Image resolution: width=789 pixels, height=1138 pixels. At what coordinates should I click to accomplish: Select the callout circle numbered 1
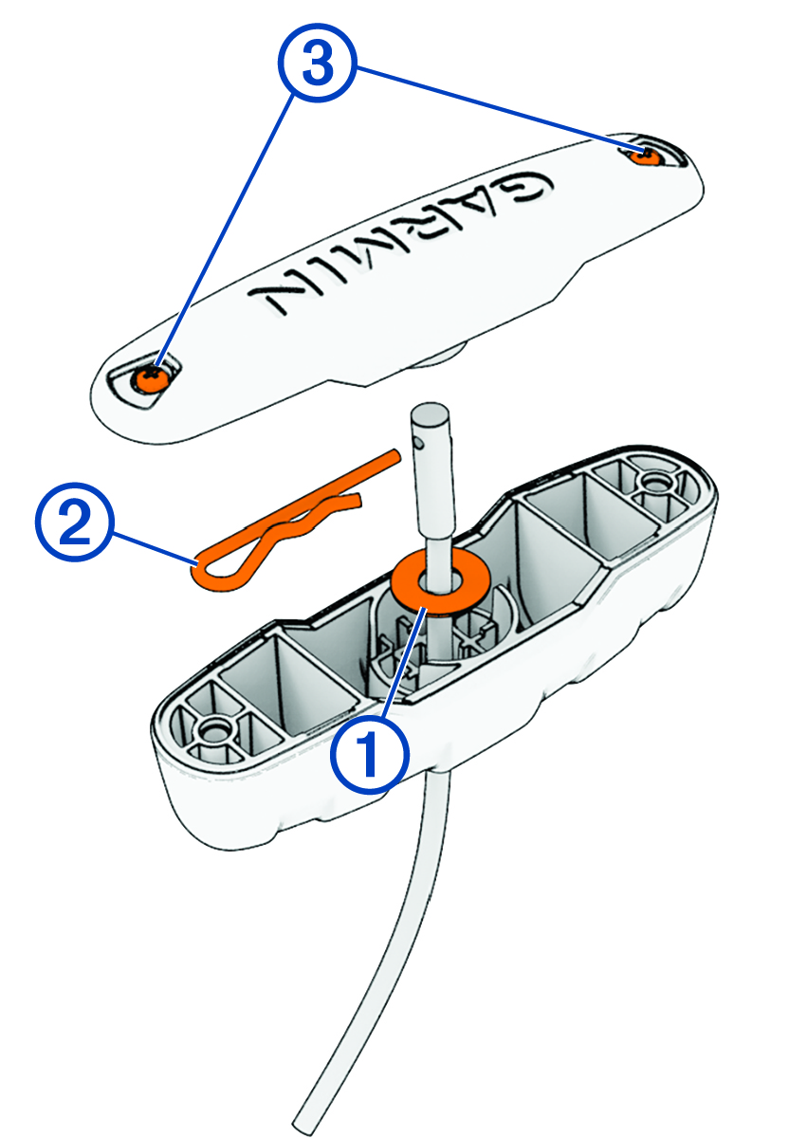coord(369,753)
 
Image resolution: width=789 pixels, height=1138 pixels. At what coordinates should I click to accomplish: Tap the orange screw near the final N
coord(150,378)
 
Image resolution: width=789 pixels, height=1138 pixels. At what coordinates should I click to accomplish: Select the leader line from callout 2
coord(152,548)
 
